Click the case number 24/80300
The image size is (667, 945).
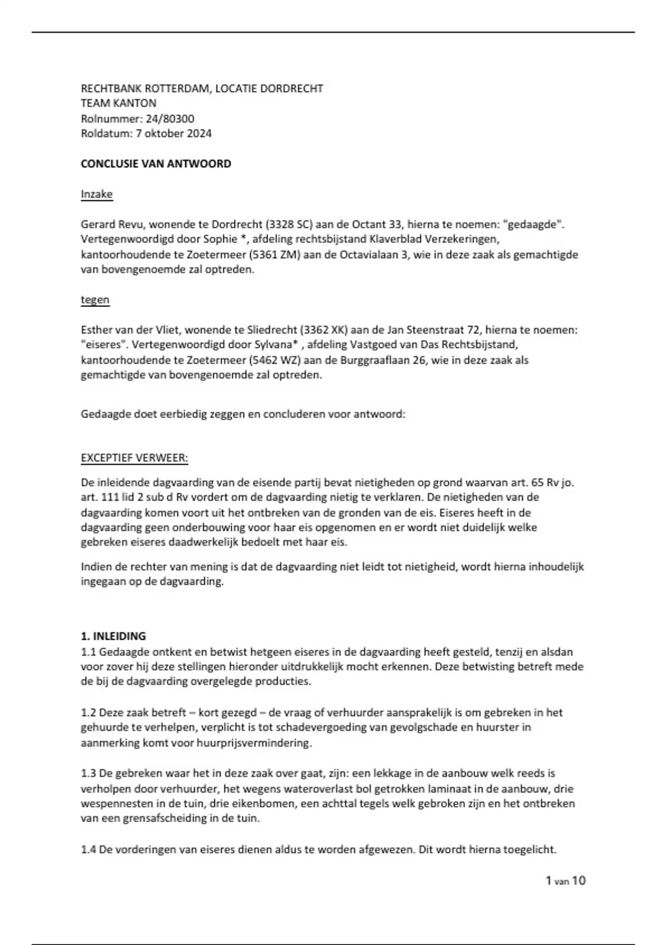(x=170, y=118)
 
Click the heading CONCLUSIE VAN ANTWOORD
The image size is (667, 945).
(x=156, y=164)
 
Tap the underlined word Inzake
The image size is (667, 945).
(x=97, y=194)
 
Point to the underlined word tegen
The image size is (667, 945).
(x=95, y=300)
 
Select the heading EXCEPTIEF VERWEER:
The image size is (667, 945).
(x=135, y=458)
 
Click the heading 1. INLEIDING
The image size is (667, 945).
(x=113, y=636)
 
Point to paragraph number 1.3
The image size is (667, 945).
(x=88, y=773)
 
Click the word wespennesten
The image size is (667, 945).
(x=115, y=804)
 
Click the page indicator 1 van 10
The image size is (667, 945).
(x=565, y=881)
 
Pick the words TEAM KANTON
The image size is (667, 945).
(x=118, y=103)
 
